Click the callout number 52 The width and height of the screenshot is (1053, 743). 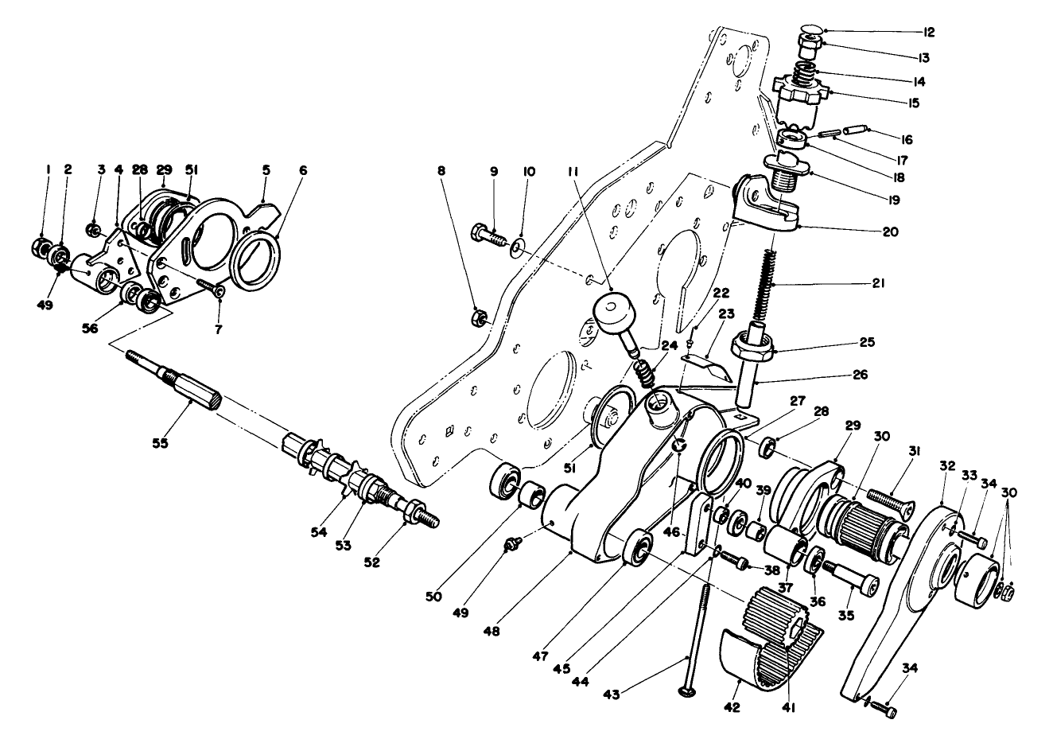point(372,562)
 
